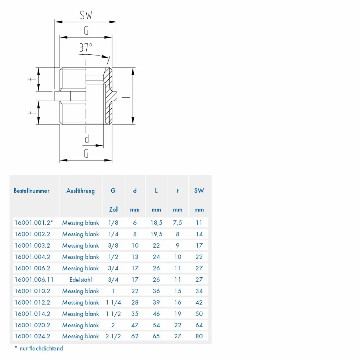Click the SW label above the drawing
[86, 15]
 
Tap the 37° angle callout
[86, 48]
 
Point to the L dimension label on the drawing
[126, 96]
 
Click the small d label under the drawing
[87, 139]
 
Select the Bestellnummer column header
[32, 191]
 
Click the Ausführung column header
[80, 191]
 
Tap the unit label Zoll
[114, 209]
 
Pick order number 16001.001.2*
[34, 223]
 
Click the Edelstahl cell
[80, 280]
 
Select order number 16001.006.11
[34, 280]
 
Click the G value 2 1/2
[113, 336]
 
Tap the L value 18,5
[156, 223]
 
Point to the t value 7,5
[177, 223]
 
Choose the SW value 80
[199, 336]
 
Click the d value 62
[135, 336]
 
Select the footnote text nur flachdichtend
[41, 349]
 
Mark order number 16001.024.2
[32, 336]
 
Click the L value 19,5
[156, 234]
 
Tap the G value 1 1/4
[114, 302]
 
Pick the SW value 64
[199, 325]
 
